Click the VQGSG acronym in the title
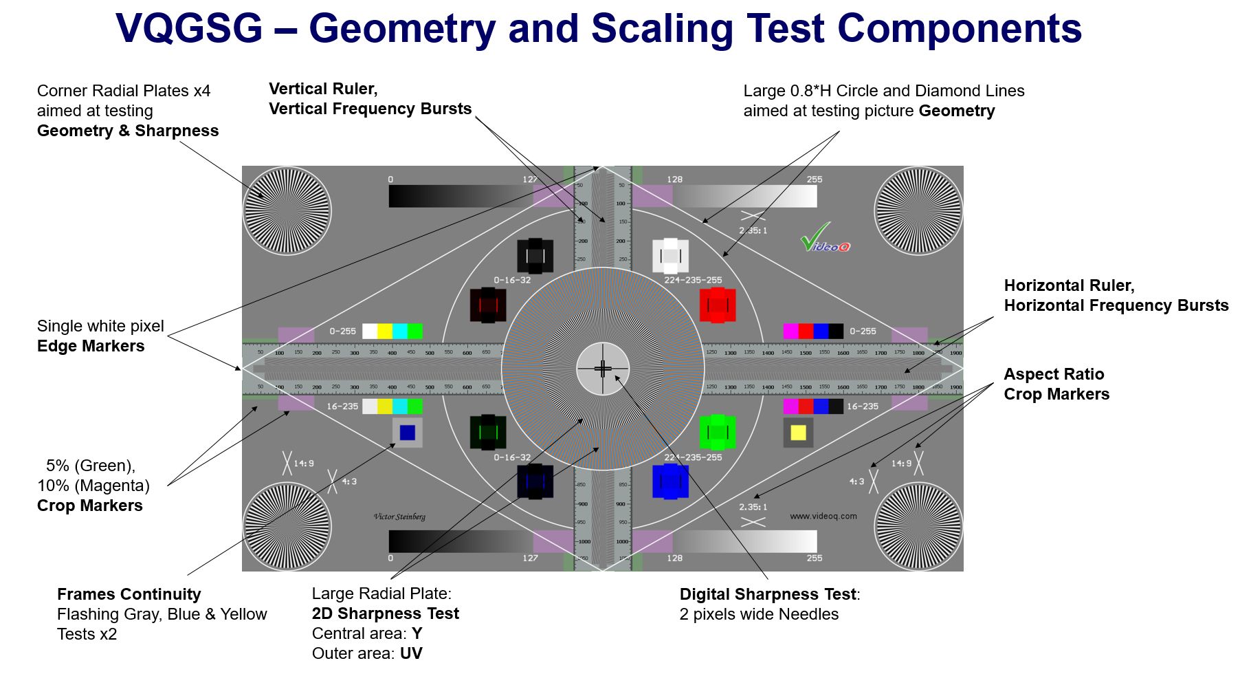point(189,29)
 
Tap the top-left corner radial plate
point(287,210)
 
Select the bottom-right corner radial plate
point(918,526)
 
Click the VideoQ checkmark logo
point(824,238)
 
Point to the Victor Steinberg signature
point(399,517)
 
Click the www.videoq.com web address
point(823,516)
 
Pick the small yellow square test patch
point(798,433)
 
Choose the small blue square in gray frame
point(408,433)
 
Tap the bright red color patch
point(718,305)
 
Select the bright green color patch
point(718,433)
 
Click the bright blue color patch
point(670,481)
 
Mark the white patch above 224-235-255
point(670,256)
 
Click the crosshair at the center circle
point(603,369)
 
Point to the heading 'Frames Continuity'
point(129,594)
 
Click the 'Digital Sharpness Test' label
point(768,594)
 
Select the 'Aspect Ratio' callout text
point(1054,374)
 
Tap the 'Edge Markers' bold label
point(91,346)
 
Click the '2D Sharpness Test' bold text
point(385,613)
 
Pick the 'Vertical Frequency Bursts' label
point(370,109)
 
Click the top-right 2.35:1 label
point(753,230)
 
